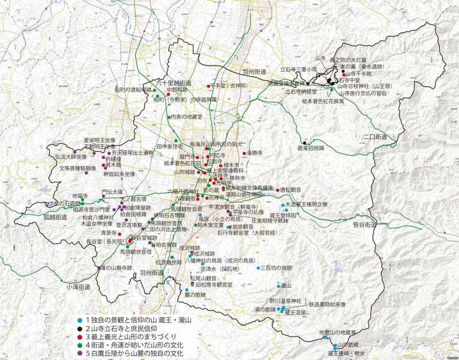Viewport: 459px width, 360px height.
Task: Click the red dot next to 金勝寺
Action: coord(244,153)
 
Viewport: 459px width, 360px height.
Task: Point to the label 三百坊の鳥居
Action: coord(277,268)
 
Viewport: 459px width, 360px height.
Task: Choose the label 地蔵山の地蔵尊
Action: coord(337,332)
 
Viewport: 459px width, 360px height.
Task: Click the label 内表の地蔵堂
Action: coord(187,117)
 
